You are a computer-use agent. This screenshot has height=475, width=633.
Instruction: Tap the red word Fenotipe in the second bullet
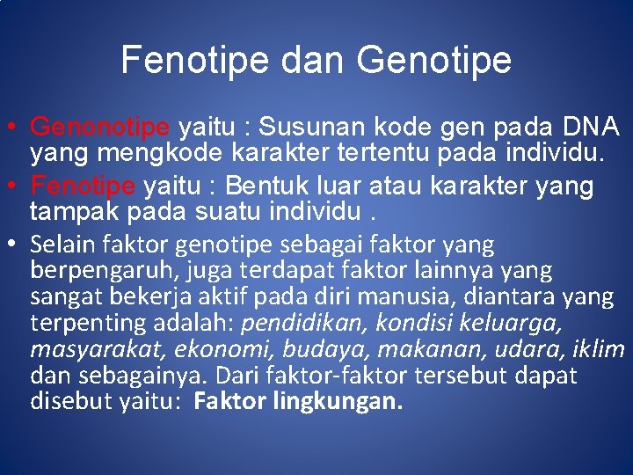tap(84, 186)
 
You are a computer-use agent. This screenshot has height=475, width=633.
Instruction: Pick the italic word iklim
tap(600, 350)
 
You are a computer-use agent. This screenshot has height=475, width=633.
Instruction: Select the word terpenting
tap(84, 324)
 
